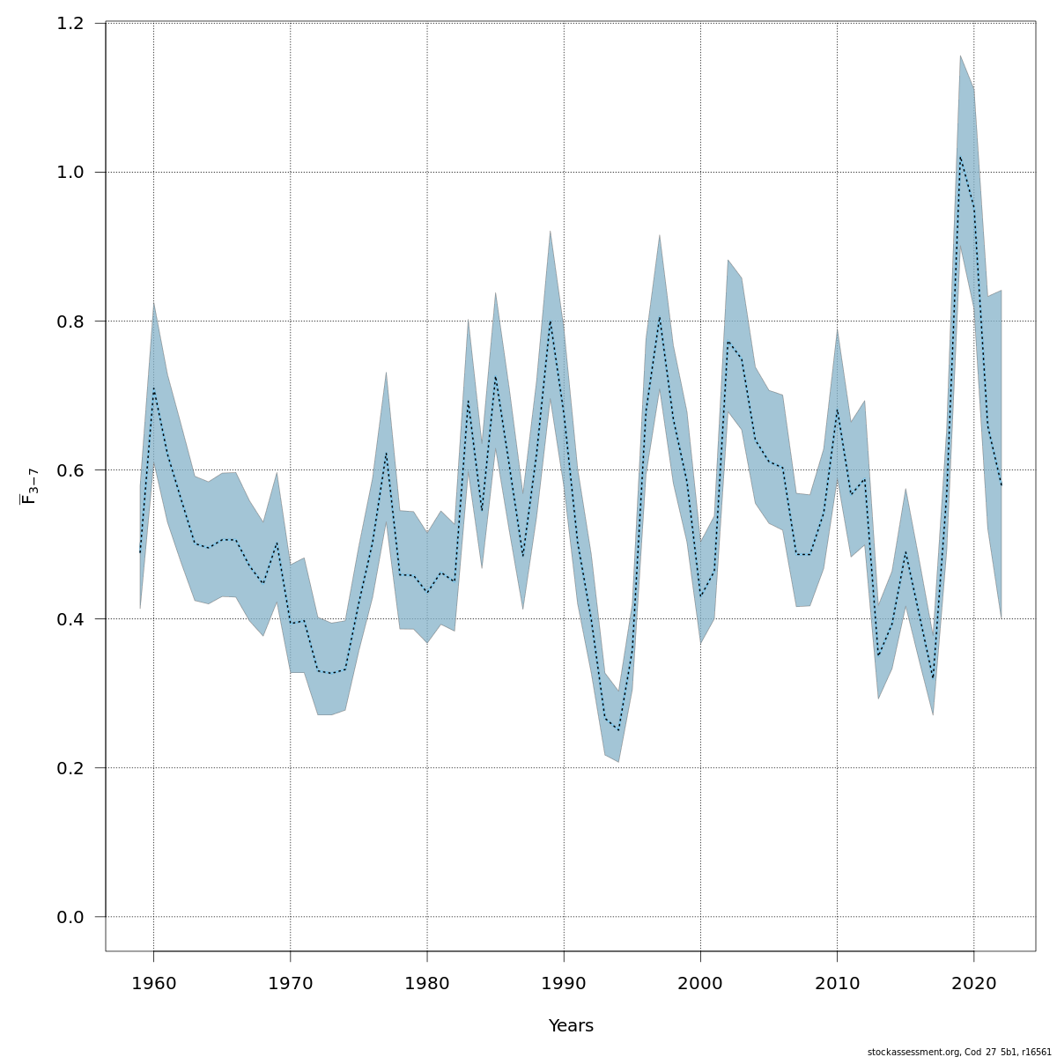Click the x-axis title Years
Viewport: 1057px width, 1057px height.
coord(571,1026)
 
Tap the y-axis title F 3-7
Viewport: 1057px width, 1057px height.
coord(29,486)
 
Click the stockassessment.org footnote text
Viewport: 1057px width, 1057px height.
coord(959,1052)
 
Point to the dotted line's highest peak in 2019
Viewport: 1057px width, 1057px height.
coord(960,157)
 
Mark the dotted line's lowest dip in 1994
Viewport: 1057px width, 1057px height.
coord(618,730)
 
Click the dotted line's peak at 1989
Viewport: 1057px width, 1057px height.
coord(551,321)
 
